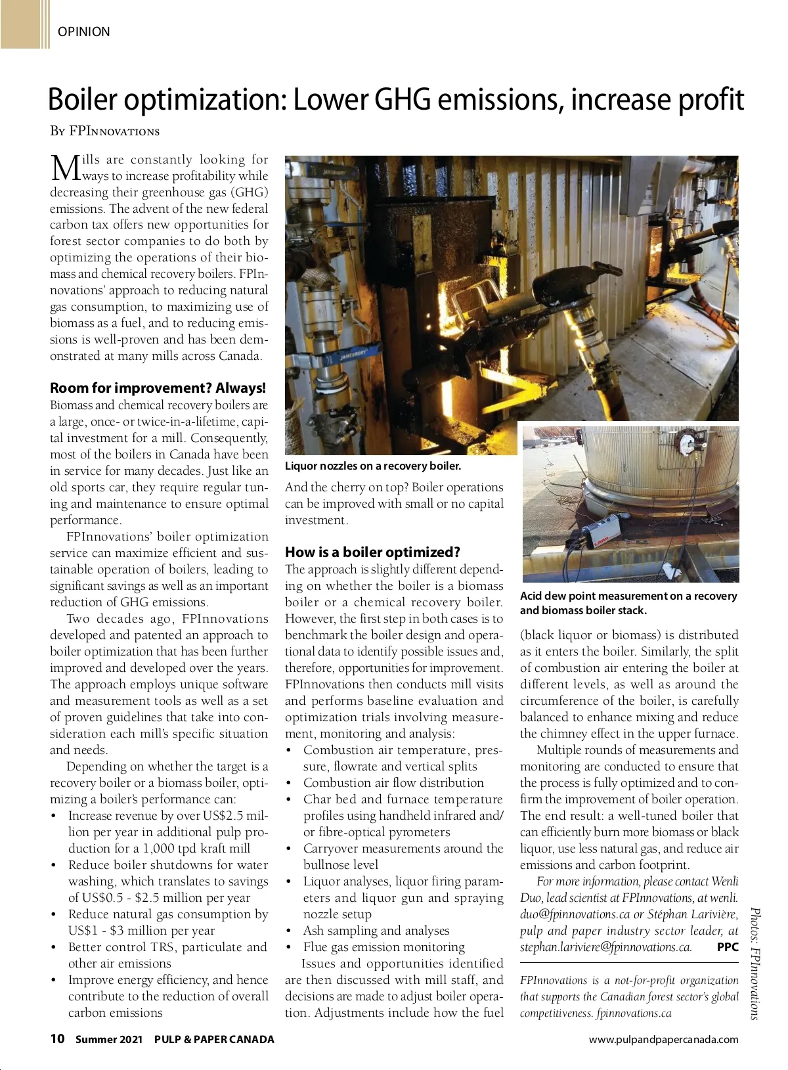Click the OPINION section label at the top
pos(83,32)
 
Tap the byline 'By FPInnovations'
pos(105,131)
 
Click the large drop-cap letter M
pos(64,168)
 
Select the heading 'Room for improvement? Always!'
pos(158,388)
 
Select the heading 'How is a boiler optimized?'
pos(372,552)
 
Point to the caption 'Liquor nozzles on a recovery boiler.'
pos(373,466)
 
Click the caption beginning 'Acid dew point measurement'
pos(628,603)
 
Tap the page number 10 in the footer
pos(58,1038)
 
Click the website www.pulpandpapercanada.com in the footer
pos(663,1039)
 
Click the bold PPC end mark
pos(728,947)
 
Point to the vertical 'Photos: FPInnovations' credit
pos(756,963)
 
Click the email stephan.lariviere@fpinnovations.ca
pos(605,947)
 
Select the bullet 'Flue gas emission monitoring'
pos(383,947)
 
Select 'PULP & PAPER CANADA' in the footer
pos(214,1039)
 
